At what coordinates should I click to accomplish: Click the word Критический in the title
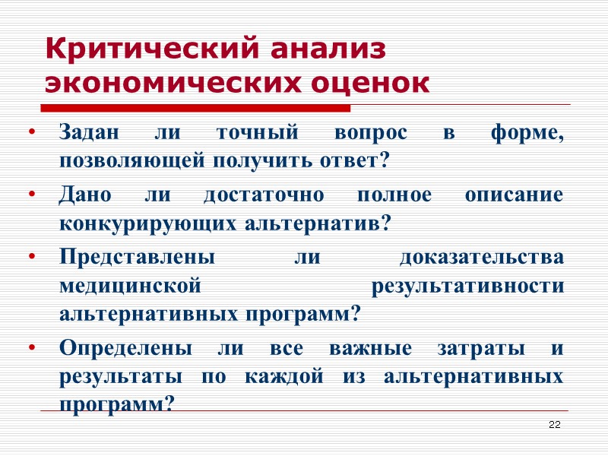coord(145,50)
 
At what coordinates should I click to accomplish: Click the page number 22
coord(554,424)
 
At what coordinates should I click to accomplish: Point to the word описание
coord(515,195)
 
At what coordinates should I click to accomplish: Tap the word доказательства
coord(481,256)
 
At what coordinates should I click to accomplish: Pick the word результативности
coord(467,285)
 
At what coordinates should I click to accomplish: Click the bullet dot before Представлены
coord(32,257)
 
